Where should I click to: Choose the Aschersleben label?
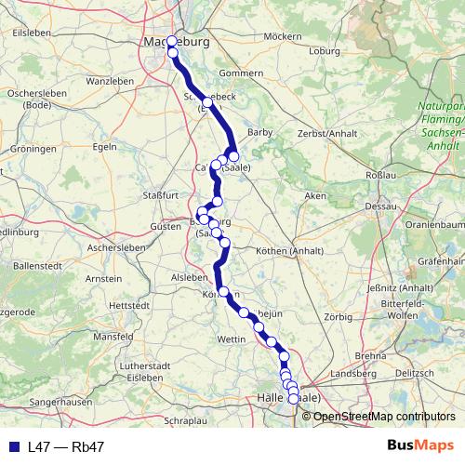[116, 248]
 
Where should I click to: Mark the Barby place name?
[259, 133]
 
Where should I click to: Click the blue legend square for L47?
[14, 446]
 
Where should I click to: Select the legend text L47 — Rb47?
[66, 446]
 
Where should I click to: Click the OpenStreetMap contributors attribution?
[383, 416]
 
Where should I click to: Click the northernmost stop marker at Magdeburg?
[171, 41]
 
